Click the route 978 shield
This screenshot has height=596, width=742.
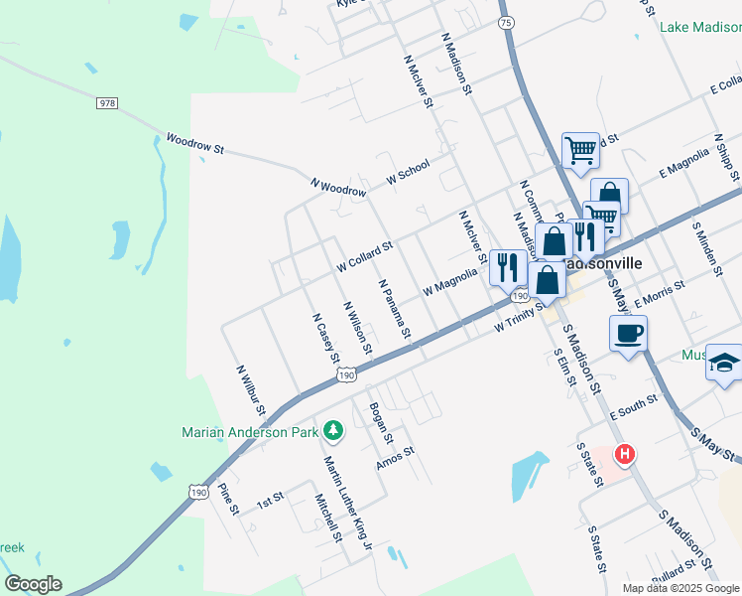(x=108, y=103)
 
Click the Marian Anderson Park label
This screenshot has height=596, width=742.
(x=250, y=431)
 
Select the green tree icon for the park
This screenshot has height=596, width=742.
(x=335, y=430)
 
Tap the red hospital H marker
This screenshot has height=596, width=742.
(x=625, y=456)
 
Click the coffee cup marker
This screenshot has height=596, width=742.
(x=629, y=334)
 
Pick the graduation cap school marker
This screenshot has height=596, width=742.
(x=724, y=362)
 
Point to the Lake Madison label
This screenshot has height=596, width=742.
(x=700, y=27)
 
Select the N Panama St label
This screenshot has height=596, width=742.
(x=395, y=308)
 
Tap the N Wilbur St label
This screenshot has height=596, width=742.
(x=251, y=389)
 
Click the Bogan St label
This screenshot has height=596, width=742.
(x=381, y=423)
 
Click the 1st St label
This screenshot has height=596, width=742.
(x=271, y=498)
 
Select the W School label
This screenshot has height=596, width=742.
(x=408, y=171)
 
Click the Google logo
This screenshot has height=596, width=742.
(x=33, y=584)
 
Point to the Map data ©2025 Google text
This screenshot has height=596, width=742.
(x=680, y=588)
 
